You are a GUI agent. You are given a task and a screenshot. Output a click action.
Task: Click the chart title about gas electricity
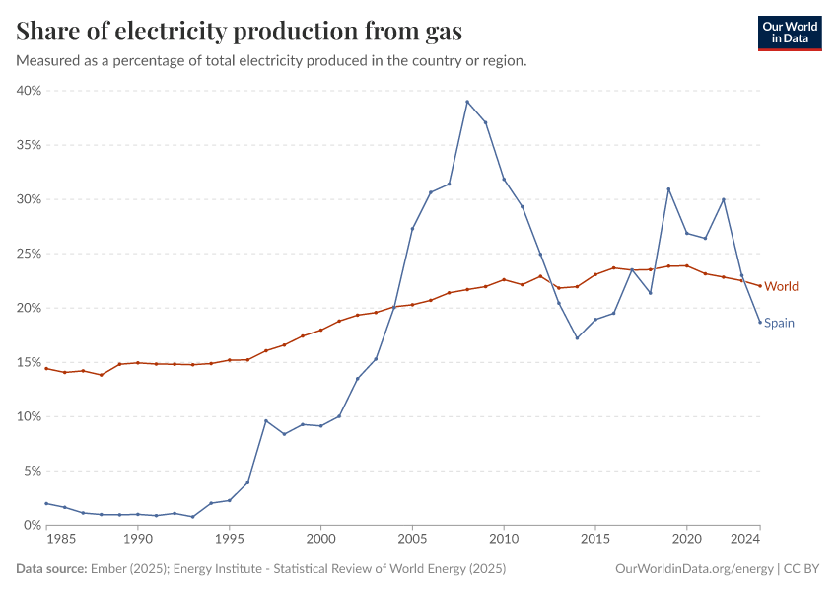240,32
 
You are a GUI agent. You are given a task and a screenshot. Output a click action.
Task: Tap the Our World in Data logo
789,33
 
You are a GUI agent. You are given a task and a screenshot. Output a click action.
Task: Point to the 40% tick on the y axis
30,91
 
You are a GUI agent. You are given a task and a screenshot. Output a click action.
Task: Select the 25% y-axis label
30,254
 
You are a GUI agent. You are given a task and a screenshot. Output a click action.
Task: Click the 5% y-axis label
33,471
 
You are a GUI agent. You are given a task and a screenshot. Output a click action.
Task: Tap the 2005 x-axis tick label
412,540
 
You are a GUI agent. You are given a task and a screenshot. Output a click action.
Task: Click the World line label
781,286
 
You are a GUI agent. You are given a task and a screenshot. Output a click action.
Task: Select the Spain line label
779,323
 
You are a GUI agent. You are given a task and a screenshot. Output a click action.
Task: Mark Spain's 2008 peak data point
467,102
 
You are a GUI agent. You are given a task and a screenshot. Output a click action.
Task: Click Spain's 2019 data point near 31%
668,189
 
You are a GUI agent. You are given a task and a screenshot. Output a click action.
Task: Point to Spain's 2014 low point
577,338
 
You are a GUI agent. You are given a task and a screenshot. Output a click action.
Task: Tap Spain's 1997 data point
265,420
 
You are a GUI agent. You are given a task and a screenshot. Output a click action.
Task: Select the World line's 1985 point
46,368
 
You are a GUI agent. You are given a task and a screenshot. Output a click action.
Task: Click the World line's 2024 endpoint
760,286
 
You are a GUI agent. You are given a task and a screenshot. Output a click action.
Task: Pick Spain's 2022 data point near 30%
724,199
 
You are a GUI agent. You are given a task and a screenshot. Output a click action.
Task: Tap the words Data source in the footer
48,569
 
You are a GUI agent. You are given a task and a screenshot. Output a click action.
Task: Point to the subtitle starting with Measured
271,60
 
